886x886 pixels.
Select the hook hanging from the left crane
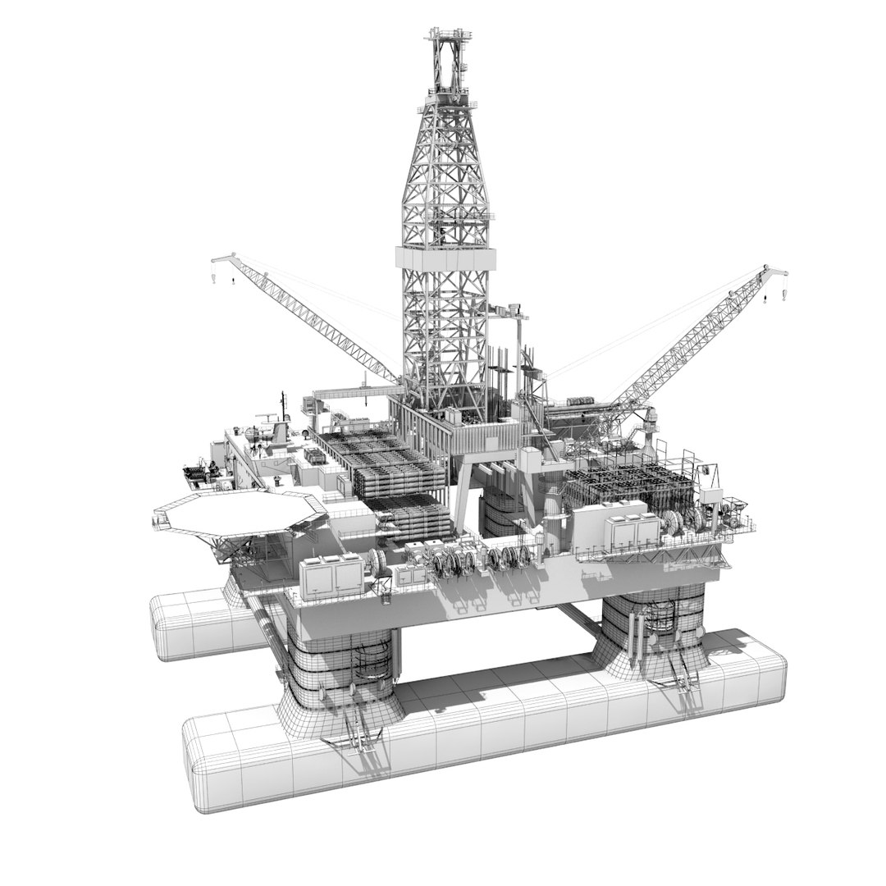tap(232, 281)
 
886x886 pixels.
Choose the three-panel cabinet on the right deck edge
tap(627, 528)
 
